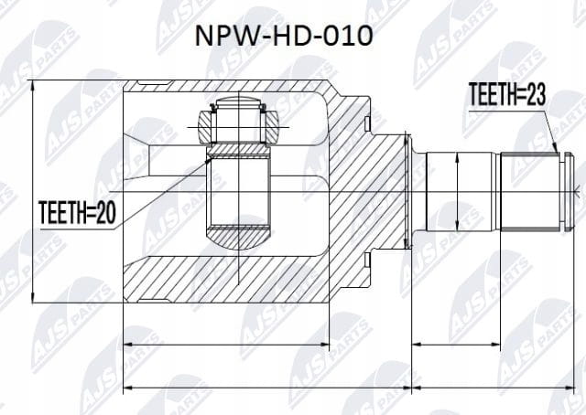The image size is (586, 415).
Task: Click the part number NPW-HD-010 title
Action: [284, 36]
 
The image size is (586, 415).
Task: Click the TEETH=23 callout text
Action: [507, 95]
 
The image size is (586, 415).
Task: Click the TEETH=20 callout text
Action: [77, 212]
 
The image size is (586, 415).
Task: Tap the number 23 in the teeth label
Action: [536, 95]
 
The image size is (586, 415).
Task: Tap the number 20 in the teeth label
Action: [106, 212]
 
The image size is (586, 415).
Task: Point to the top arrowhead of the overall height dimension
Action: [33, 86]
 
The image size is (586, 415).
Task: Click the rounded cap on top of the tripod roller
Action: [238, 101]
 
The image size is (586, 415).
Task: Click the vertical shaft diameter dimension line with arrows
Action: [457, 192]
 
